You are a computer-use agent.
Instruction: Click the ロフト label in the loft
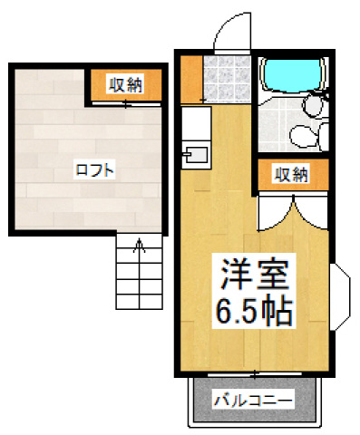coord(87,169)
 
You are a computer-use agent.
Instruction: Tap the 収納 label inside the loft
coord(126,86)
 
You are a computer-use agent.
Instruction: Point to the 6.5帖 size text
coord(253,313)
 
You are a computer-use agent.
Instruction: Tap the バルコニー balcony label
coord(253,399)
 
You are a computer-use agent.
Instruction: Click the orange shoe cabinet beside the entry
coord(189,79)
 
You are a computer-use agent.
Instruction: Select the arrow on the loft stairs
coord(139,245)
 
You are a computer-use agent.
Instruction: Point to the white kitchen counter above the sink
coord(194,122)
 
